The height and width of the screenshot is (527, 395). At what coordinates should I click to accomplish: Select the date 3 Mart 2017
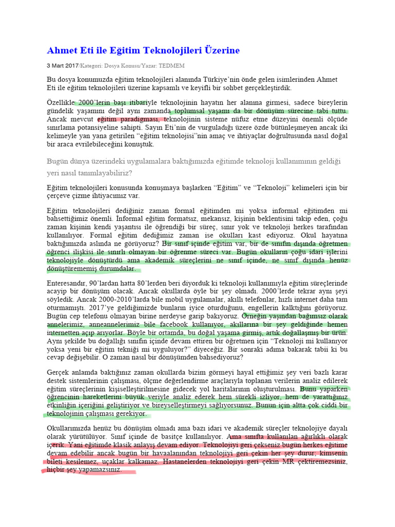pyautogui.click(x=62, y=66)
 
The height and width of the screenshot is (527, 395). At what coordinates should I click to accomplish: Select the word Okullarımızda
pyautogui.click(x=71, y=428)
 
